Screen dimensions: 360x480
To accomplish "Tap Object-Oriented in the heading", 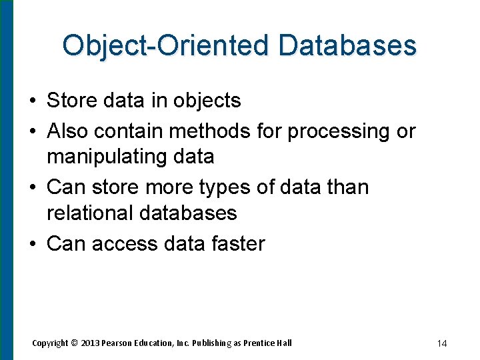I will coord(167,46).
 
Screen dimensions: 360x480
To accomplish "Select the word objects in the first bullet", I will coord(207,101).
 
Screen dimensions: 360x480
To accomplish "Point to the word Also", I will coord(68,131).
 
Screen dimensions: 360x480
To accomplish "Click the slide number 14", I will coord(441,343).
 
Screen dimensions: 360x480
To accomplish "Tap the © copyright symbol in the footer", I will coord(75,343).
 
